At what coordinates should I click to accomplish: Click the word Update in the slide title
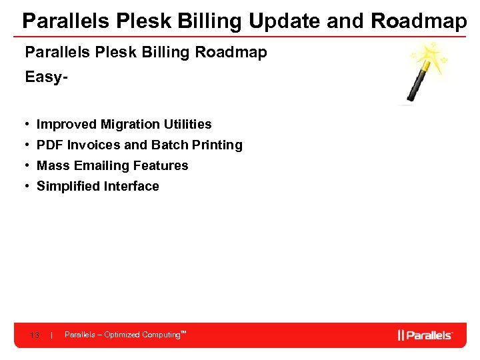click(285, 21)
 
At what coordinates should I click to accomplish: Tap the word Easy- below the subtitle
click(47, 77)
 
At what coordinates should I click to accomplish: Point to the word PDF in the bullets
click(50, 145)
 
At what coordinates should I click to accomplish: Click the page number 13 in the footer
click(35, 335)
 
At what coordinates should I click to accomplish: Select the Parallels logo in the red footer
click(425, 335)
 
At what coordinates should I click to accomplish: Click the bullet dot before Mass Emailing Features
click(27, 165)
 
